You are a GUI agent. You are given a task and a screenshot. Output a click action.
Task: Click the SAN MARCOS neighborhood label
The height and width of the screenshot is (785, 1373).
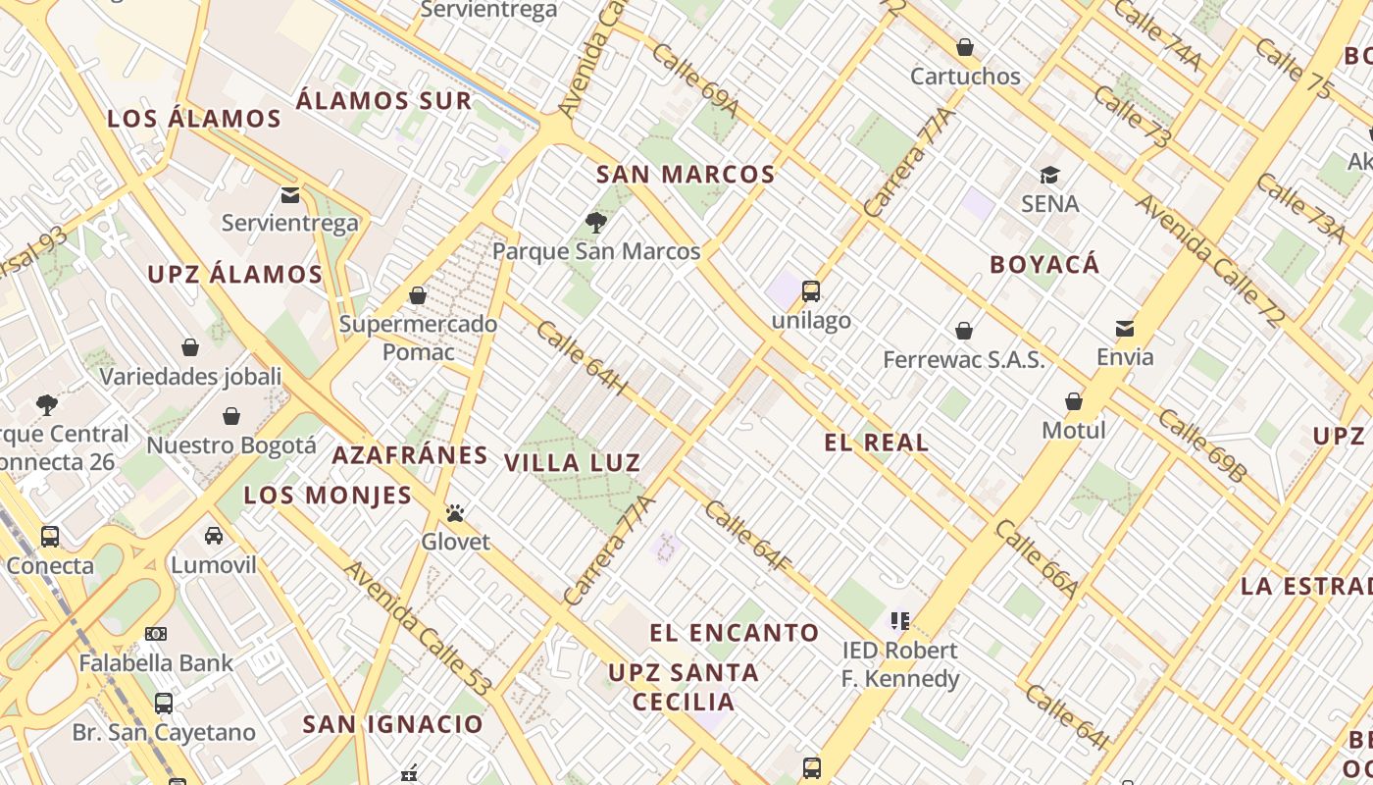click(x=686, y=175)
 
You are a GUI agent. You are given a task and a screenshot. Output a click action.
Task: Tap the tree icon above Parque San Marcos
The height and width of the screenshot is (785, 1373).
click(x=595, y=223)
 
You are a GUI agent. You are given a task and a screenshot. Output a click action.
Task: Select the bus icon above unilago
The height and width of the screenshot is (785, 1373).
click(x=810, y=290)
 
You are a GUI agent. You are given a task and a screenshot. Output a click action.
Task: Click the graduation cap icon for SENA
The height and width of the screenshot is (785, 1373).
click(x=1049, y=176)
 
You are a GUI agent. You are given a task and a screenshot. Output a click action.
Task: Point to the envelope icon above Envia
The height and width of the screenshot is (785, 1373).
click(x=1124, y=328)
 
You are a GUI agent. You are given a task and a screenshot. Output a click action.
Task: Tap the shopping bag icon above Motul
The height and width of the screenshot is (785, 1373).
click(x=1074, y=401)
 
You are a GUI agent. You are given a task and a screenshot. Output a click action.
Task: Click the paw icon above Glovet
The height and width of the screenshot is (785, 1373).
click(x=455, y=512)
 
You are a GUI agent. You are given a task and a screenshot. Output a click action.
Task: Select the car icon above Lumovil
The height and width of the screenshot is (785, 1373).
click(x=214, y=536)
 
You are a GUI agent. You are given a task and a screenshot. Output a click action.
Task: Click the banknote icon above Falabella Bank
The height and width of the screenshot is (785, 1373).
click(x=156, y=634)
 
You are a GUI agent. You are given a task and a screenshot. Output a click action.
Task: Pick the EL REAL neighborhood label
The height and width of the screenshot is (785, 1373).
click(x=876, y=443)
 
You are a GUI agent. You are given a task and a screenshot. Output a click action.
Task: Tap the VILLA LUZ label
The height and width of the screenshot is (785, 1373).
click(x=572, y=463)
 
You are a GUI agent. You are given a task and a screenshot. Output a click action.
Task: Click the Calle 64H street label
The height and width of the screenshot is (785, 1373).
click(x=581, y=360)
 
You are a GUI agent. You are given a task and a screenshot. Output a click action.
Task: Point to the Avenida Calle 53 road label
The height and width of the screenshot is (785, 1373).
click(x=416, y=628)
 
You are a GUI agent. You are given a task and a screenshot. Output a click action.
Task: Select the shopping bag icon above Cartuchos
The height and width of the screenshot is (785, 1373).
click(x=965, y=47)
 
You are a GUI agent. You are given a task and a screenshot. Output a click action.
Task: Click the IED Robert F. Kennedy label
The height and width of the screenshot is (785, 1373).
click(x=900, y=664)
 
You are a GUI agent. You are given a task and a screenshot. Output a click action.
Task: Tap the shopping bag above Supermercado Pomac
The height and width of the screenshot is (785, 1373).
click(x=418, y=295)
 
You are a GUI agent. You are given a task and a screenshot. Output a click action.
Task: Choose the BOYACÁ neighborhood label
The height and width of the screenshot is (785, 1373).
click(x=1044, y=265)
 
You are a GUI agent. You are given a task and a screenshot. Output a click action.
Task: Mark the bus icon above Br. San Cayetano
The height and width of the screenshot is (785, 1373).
click(x=164, y=704)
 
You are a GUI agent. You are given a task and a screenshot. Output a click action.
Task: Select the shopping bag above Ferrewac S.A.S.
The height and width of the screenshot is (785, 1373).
click(x=964, y=331)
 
